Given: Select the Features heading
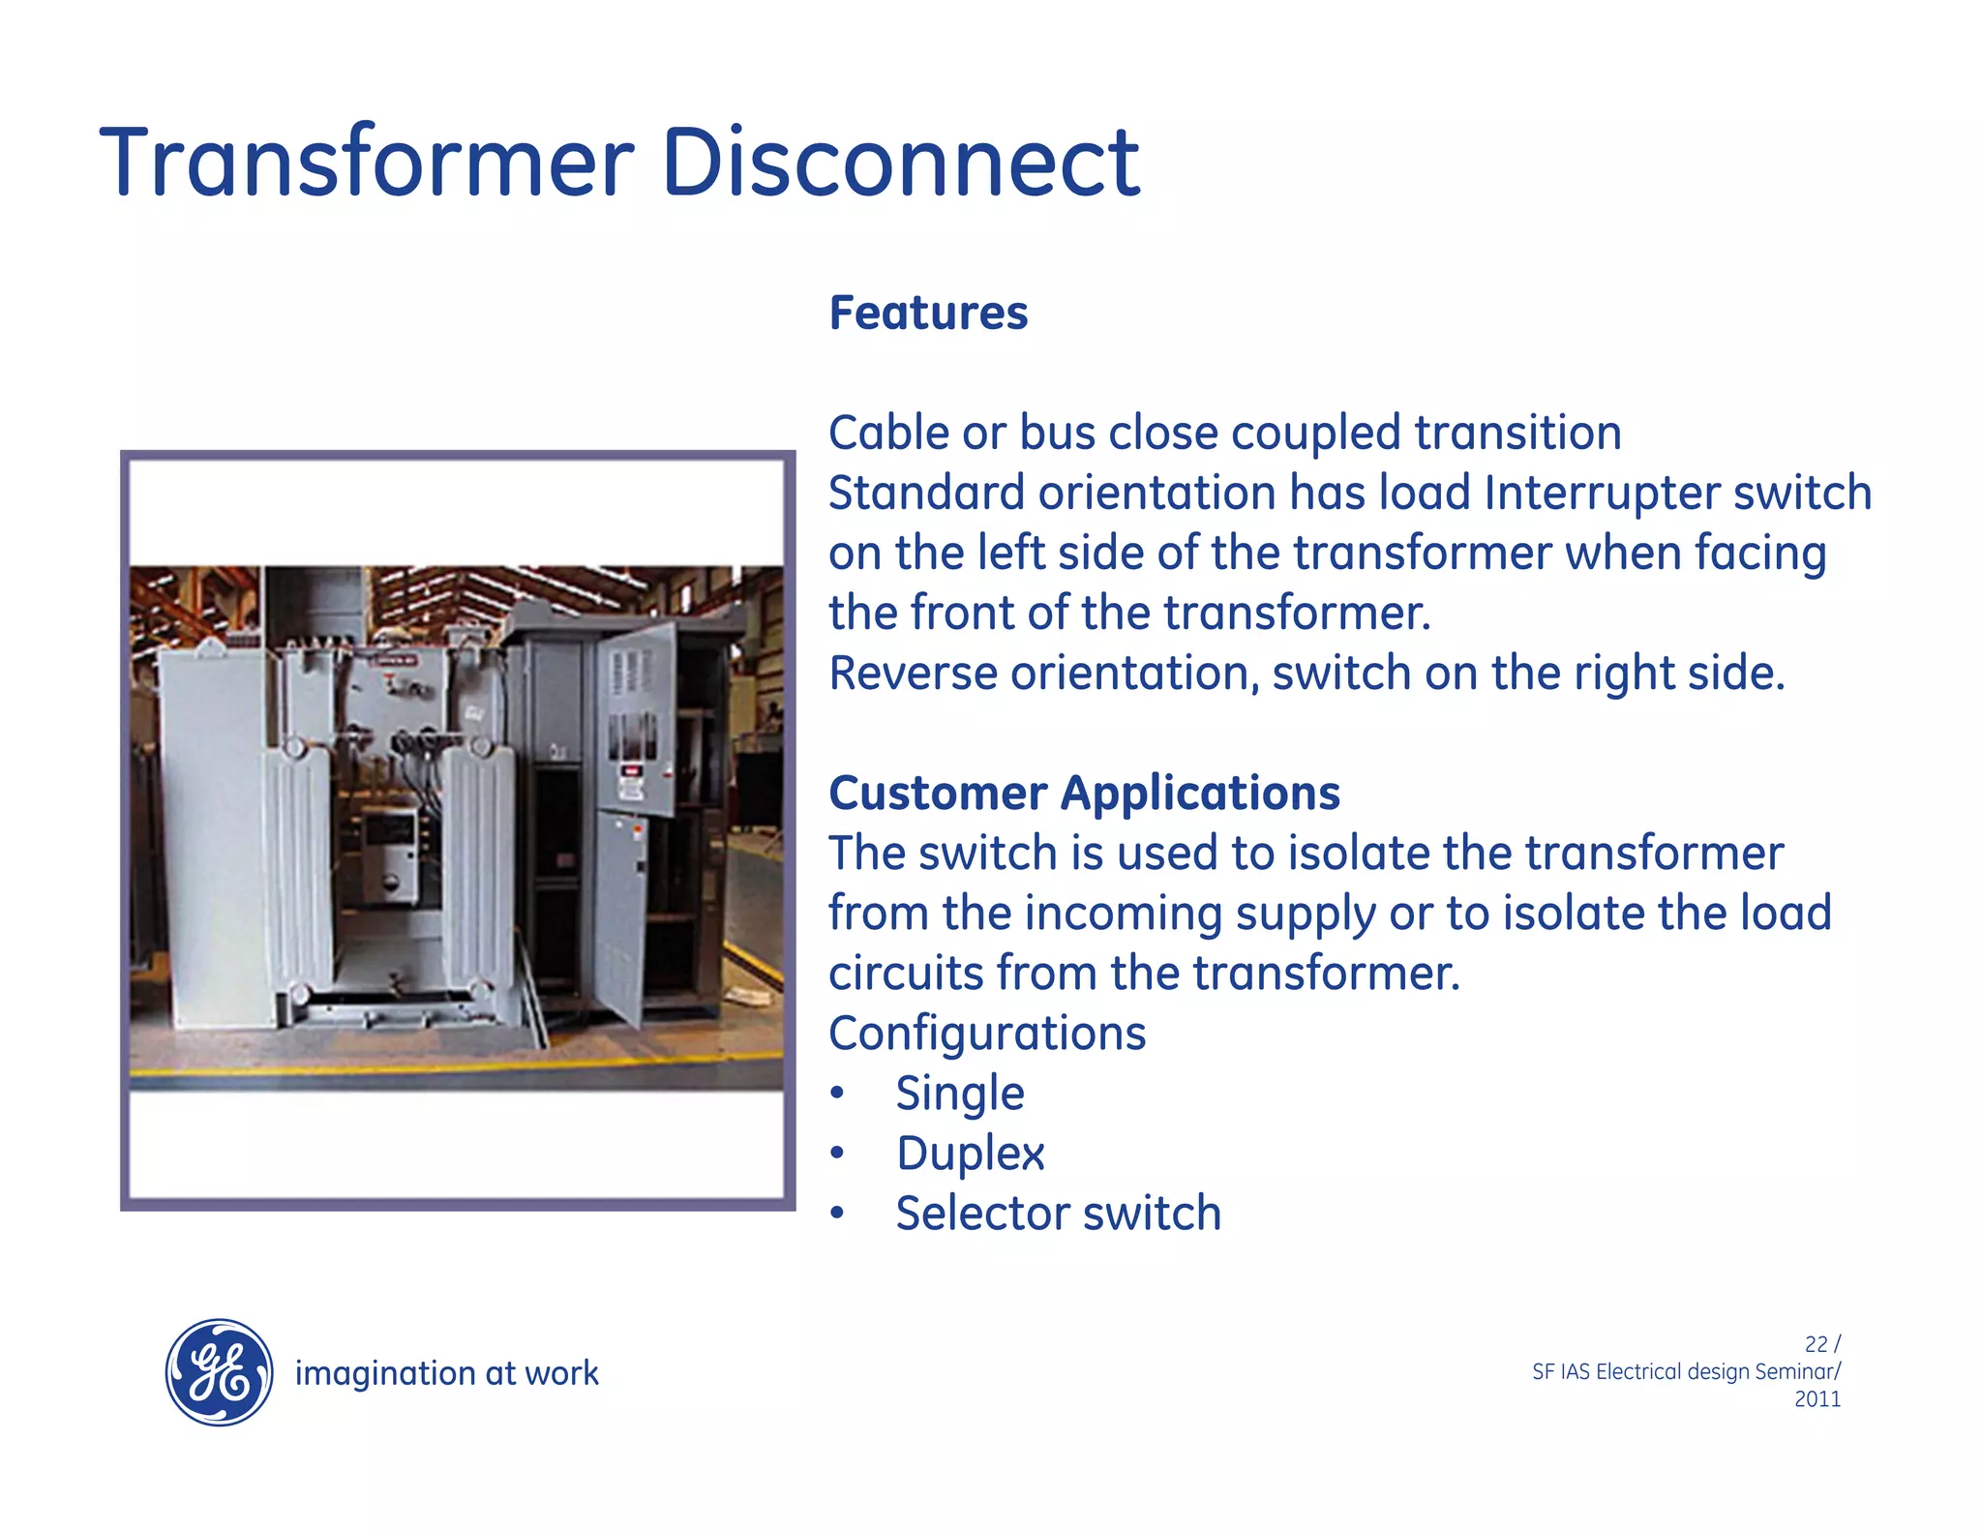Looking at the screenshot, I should click(x=928, y=314).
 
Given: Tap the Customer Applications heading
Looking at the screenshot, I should click(x=1084, y=794).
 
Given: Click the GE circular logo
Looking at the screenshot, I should click(x=220, y=1372).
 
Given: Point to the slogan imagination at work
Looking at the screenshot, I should click(x=446, y=1373).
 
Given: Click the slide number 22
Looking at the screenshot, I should click(x=1816, y=1344).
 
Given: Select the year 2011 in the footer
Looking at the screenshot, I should click(x=1817, y=1399).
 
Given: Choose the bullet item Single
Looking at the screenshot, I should click(x=959, y=1095).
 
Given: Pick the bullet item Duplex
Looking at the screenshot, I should click(x=970, y=1155).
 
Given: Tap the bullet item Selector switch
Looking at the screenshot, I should click(x=1058, y=1215).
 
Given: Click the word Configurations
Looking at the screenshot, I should click(x=987, y=1034).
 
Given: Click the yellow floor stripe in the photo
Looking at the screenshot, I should click(x=455, y=1064).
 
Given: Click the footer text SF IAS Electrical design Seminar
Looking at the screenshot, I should click(x=1685, y=1372).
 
